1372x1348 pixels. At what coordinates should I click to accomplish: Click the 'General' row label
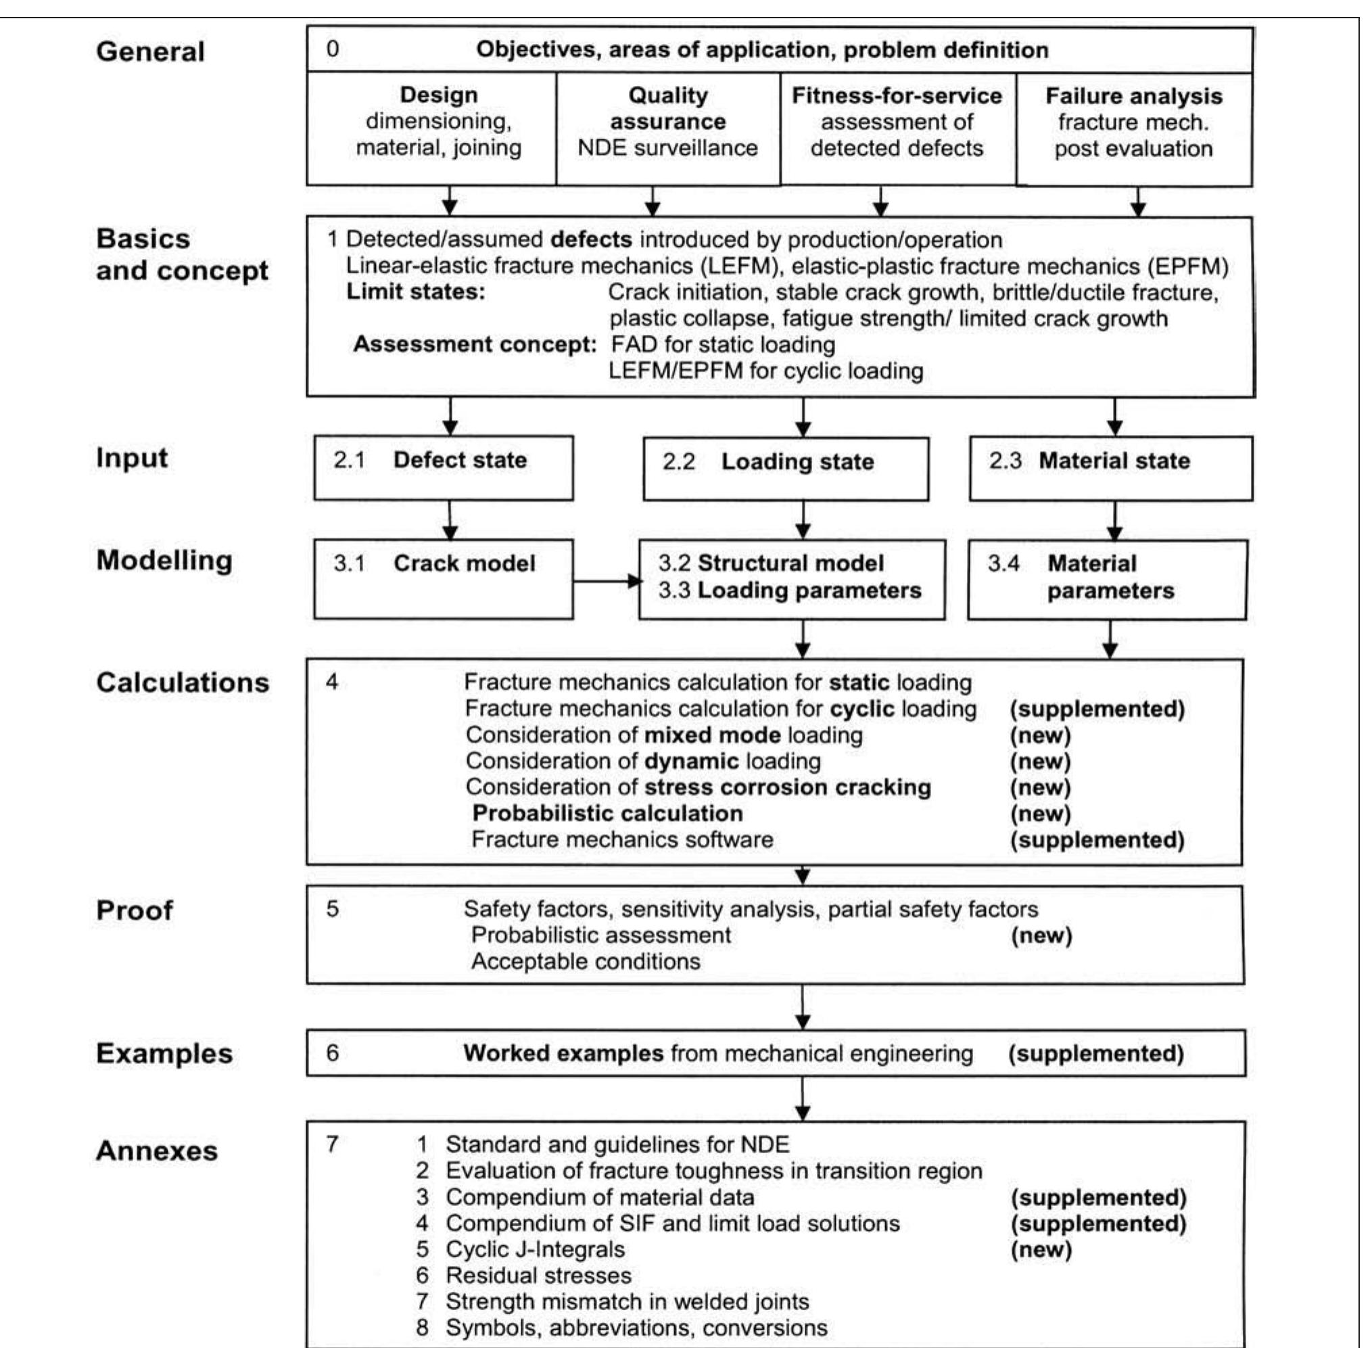(150, 51)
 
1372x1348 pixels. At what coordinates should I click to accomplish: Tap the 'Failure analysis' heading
(1133, 96)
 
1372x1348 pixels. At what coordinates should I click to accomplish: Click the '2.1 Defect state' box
(443, 467)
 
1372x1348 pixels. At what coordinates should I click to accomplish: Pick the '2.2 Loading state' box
(785, 468)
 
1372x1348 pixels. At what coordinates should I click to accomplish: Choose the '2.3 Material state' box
(1110, 467)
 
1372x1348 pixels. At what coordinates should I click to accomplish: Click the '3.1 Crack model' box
(443, 578)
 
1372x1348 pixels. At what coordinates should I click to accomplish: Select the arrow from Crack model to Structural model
(606, 581)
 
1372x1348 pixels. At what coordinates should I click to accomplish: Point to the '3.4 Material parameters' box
(1106, 578)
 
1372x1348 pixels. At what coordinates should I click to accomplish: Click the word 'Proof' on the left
(134, 910)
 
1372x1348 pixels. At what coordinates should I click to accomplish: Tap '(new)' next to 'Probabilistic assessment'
(1041, 936)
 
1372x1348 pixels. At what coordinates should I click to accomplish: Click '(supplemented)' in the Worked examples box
(1095, 1054)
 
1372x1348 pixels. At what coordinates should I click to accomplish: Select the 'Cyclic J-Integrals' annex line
(534, 1250)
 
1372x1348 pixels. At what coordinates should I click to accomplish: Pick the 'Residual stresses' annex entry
(538, 1276)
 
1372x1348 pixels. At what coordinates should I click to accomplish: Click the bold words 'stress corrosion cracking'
(786, 787)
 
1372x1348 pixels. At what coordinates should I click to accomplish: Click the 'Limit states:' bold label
(416, 292)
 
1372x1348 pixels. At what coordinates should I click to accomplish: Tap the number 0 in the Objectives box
(332, 49)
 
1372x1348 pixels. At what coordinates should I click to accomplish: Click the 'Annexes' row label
(156, 1151)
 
